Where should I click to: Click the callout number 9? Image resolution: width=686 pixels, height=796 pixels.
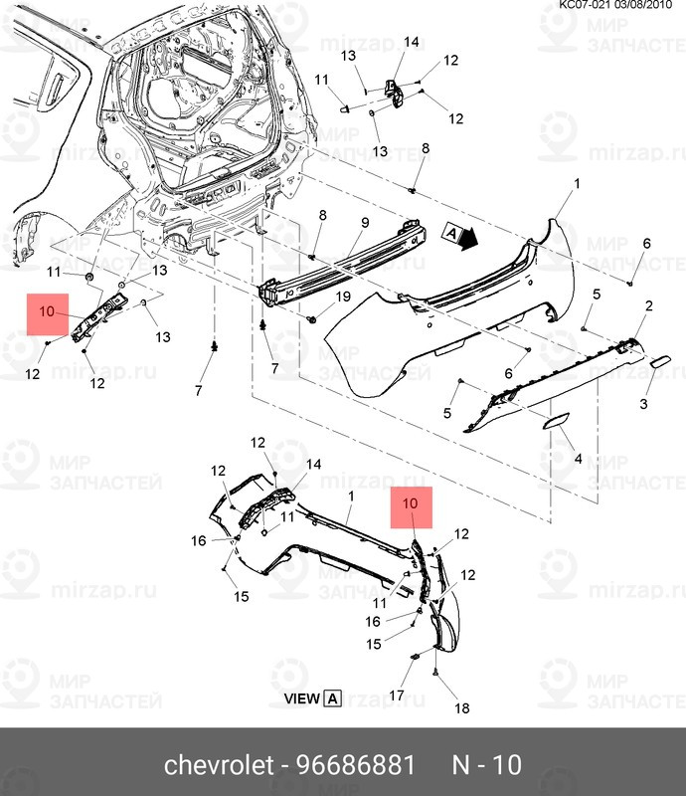(365, 222)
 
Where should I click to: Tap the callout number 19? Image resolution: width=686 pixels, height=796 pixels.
(342, 297)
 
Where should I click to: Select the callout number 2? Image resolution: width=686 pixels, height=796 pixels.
(648, 305)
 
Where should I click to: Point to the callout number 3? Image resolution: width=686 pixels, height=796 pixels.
(643, 403)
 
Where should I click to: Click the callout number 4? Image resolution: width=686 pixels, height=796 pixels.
(579, 459)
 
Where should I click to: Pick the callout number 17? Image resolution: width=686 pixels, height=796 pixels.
(395, 695)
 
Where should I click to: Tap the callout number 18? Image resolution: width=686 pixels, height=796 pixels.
(461, 708)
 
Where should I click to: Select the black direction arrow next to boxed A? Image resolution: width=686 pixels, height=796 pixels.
(469, 239)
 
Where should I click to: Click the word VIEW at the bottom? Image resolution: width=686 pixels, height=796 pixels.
(302, 698)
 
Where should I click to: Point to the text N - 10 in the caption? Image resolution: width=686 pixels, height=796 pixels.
(487, 765)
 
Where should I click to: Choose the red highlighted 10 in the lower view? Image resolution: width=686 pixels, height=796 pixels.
(412, 504)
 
